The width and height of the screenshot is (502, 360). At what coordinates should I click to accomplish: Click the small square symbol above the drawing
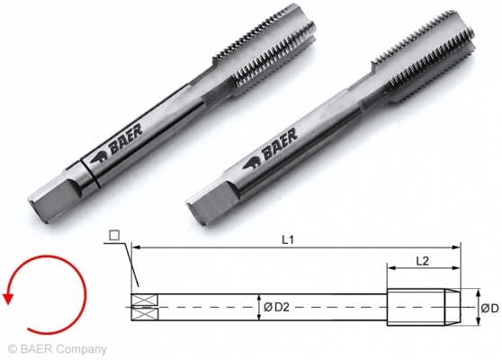pyautogui.click(x=113, y=237)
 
